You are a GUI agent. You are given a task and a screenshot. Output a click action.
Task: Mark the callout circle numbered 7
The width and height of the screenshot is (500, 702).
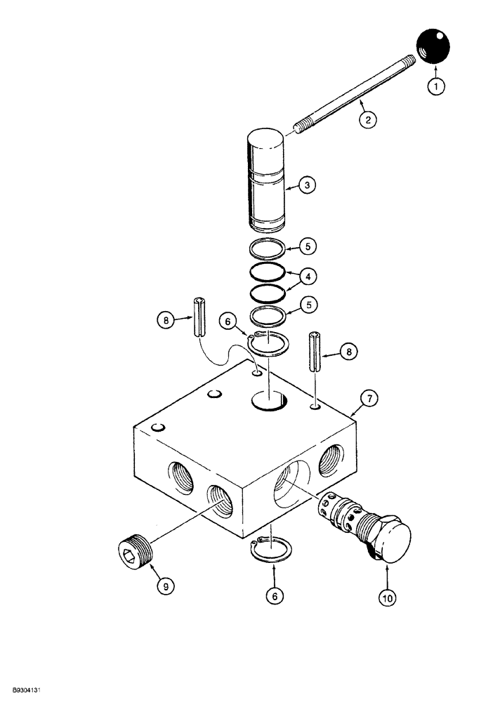click(370, 399)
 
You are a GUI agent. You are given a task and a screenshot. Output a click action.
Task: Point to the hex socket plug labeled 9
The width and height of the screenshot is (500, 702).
click(136, 546)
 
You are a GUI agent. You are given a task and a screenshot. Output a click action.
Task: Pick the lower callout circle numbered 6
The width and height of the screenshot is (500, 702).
click(274, 595)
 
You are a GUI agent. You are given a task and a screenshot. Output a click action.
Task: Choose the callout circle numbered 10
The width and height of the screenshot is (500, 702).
click(388, 597)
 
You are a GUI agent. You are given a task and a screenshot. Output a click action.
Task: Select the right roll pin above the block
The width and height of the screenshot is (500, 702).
click(316, 355)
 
